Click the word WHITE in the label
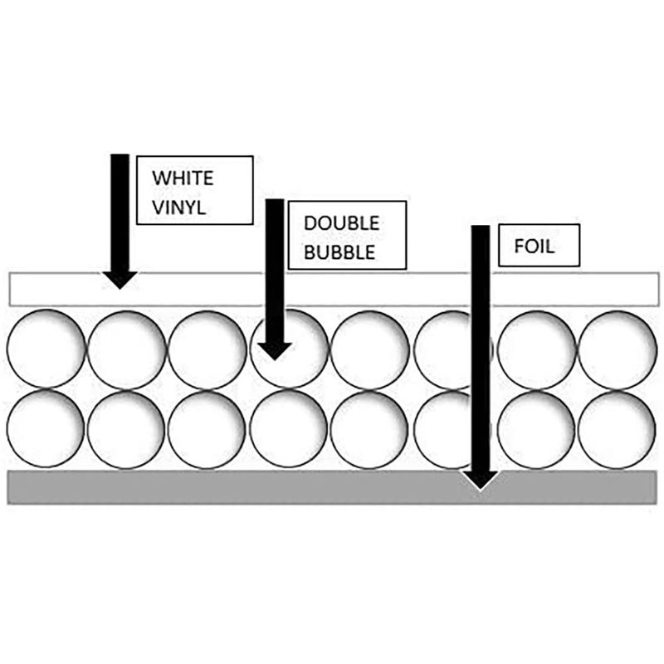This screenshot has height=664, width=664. click(x=183, y=178)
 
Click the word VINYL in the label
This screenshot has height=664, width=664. click(x=178, y=208)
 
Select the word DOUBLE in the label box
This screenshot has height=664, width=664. click(x=341, y=223)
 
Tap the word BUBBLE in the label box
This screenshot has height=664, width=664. click(x=339, y=252)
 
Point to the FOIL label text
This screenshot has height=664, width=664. click(x=534, y=247)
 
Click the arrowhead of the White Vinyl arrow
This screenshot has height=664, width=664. click(x=120, y=280)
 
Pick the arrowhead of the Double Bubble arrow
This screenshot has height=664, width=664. click(x=275, y=351)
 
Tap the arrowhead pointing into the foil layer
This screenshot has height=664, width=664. click(x=480, y=480)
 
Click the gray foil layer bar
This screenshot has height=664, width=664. click(x=333, y=487)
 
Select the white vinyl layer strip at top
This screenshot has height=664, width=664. click(x=334, y=289)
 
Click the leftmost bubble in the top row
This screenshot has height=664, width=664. click(x=46, y=349)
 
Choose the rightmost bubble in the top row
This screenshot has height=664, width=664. click(x=618, y=350)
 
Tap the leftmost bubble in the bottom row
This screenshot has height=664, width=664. click(x=46, y=428)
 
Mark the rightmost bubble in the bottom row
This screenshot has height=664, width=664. click(x=618, y=430)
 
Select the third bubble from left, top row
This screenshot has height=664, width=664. click(x=207, y=350)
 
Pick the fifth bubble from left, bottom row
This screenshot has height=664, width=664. click(x=369, y=430)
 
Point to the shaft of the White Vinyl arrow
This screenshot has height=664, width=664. click(x=120, y=213)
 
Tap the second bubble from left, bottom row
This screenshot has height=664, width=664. click(x=126, y=430)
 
